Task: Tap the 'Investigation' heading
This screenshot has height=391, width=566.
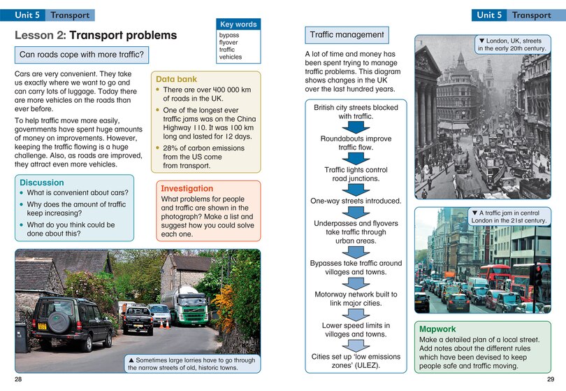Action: [187, 188]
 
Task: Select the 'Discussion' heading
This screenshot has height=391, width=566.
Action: [42, 183]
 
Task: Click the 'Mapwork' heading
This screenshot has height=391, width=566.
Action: [437, 328]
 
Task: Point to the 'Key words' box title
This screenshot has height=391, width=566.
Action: [238, 24]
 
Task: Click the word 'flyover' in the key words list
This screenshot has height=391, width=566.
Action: [228, 42]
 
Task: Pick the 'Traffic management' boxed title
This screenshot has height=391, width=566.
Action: [347, 34]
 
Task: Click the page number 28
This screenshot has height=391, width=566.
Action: [19, 379]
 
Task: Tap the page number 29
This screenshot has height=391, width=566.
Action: [551, 379]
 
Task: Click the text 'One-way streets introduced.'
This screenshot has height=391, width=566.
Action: [356, 201]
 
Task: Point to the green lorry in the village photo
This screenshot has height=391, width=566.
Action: [187, 306]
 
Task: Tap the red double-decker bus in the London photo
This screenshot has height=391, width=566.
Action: [495, 276]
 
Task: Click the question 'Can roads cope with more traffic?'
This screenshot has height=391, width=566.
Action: [82, 55]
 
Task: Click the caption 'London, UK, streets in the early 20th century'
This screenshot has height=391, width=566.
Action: [509, 45]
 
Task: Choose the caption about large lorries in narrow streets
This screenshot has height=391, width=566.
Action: [191, 364]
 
